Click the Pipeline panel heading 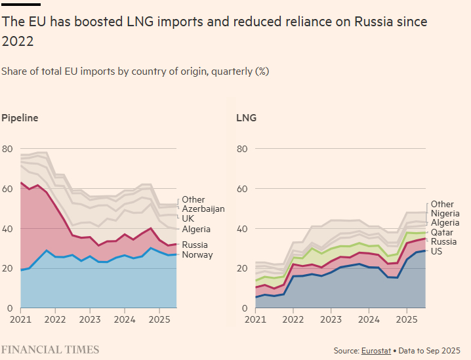pyautogui.click(x=20, y=118)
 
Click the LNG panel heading pyautogui.click(x=246, y=118)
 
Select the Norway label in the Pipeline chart pyautogui.click(x=197, y=254)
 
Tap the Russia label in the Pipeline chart pyautogui.click(x=195, y=245)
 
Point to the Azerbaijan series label pyautogui.click(x=203, y=209)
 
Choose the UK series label pyautogui.click(x=188, y=218)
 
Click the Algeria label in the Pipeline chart pyautogui.click(x=196, y=229)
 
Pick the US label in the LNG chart pyautogui.click(x=437, y=251)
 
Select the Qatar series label pyautogui.click(x=442, y=232)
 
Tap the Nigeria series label pyautogui.click(x=445, y=213)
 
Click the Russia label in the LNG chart pyautogui.click(x=443, y=241)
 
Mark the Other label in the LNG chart pyautogui.click(x=442, y=204)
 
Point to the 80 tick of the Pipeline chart pyautogui.click(x=7, y=149)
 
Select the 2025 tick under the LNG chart pyautogui.click(x=406, y=320)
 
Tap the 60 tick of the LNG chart pyautogui.click(x=241, y=189)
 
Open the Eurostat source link pyautogui.click(x=376, y=351)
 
